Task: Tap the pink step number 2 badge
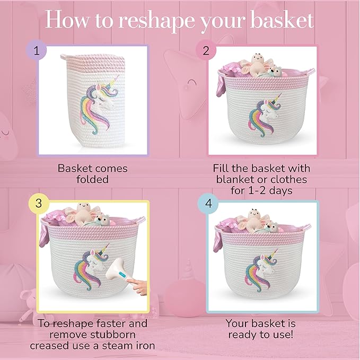point(205,51)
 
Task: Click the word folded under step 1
point(92,179)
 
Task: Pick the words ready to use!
point(261,335)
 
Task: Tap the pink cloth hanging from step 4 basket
point(217,240)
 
